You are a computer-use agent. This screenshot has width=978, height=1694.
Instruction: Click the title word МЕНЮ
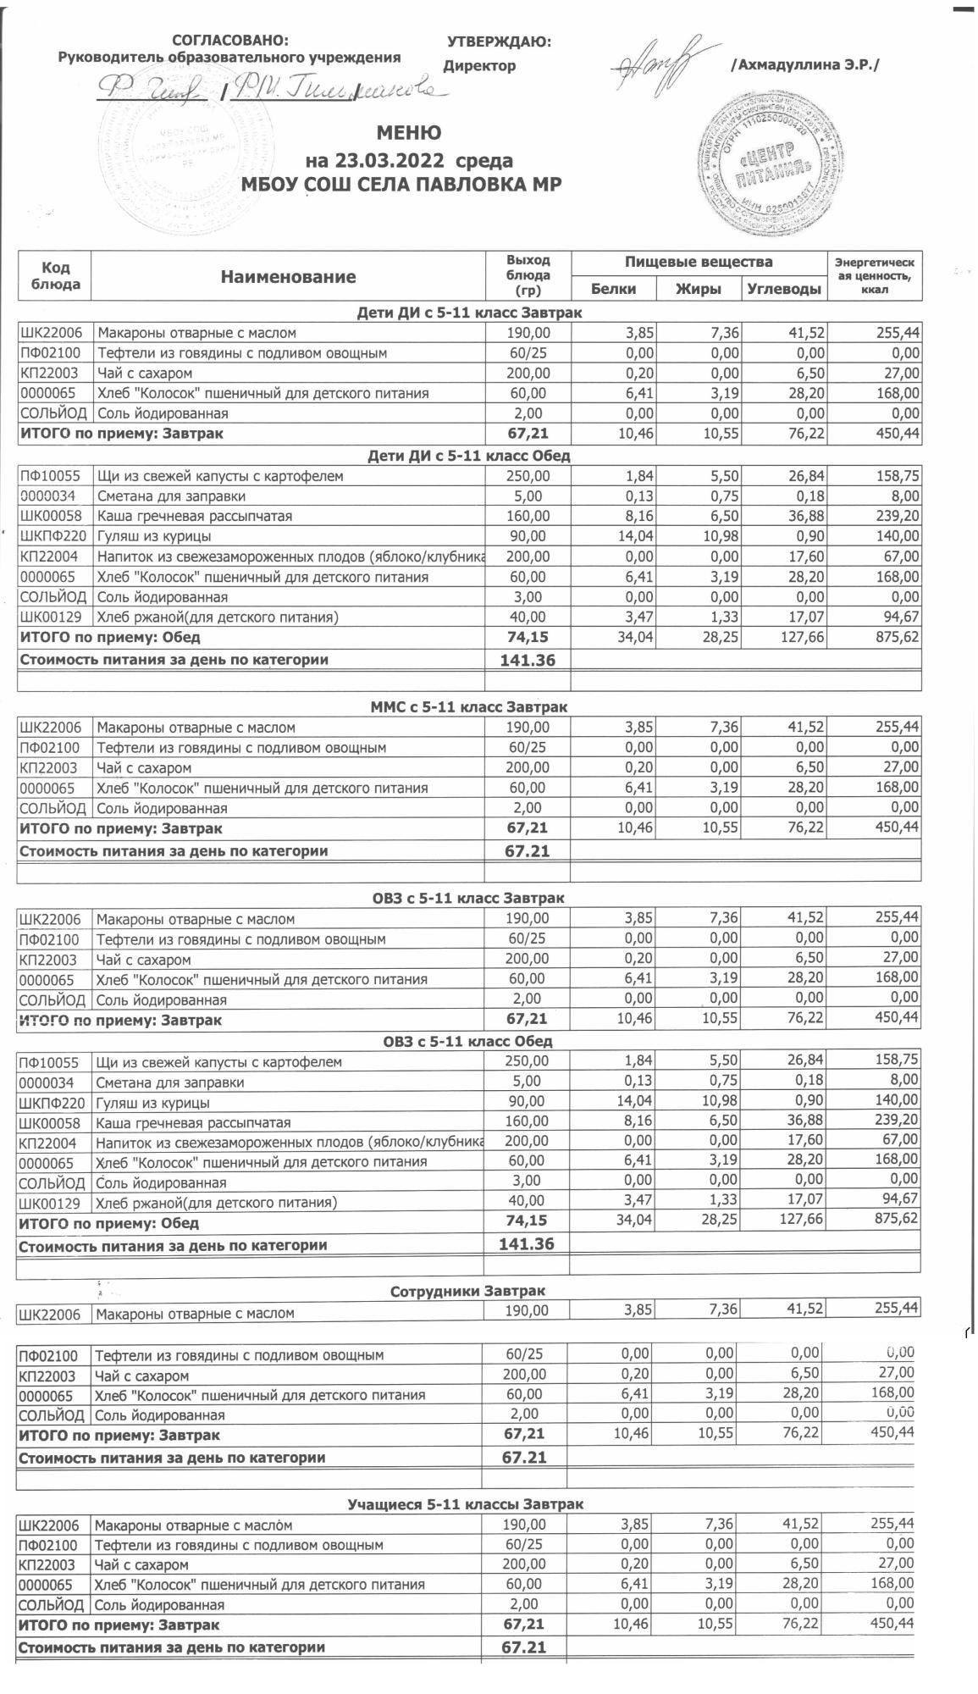[x=408, y=133]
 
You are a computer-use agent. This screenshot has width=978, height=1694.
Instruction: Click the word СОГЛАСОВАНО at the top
[x=229, y=41]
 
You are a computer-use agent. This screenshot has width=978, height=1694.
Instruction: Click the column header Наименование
[x=288, y=276]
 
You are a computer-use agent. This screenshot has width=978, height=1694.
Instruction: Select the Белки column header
[x=613, y=289]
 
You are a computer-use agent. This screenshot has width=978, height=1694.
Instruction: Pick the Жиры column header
[x=699, y=289]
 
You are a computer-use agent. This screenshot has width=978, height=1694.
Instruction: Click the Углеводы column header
[x=784, y=289]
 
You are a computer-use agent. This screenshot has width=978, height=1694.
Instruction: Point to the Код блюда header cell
[x=54, y=275]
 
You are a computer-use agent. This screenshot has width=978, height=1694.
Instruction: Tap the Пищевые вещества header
[x=699, y=263]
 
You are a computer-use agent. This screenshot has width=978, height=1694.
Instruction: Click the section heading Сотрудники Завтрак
[x=467, y=1292]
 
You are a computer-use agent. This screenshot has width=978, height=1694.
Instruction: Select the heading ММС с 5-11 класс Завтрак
[x=469, y=706]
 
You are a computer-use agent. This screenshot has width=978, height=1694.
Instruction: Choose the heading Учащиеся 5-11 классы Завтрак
[x=466, y=1504]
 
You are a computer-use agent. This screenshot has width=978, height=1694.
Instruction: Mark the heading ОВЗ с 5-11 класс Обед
[x=467, y=1042]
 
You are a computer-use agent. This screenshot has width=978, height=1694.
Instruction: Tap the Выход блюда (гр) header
[x=528, y=275]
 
